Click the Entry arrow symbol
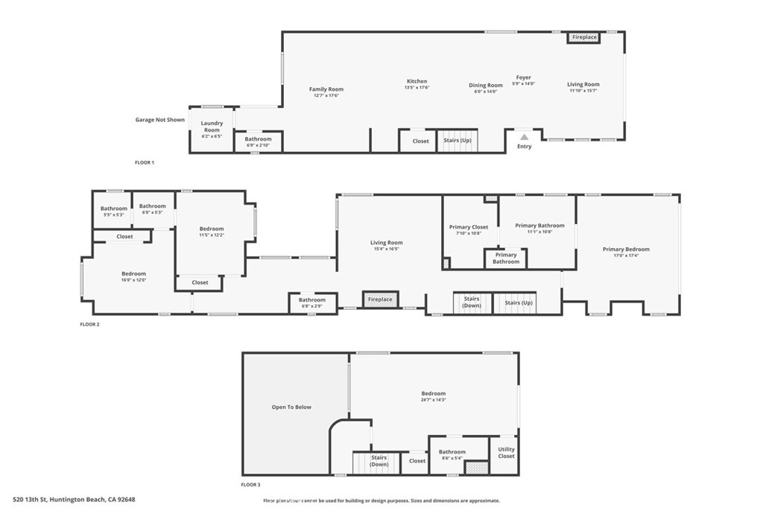click(x=524, y=137)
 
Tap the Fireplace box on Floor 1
click(x=584, y=37)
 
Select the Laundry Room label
click(x=212, y=127)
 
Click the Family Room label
click(x=326, y=89)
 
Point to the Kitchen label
click(x=417, y=81)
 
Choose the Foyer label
click(x=524, y=77)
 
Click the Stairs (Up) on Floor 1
click(x=457, y=141)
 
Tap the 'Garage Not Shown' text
click(x=159, y=119)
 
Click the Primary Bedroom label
click(x=626, y=250)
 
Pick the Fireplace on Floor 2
click(x=380, y=299)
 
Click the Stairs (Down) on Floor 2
click(x=472, y=302)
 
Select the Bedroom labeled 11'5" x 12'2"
click(x=212, y=232)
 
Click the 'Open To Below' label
click(x=291, y=407)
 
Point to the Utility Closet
click(x=506, y=453)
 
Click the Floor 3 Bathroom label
click(x=452, y=452)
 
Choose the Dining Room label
click(x=486, y=86)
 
